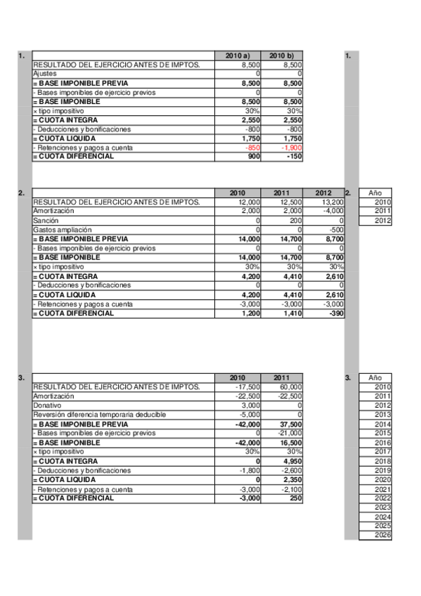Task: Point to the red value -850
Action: (250, 148)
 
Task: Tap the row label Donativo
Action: (46, 406)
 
